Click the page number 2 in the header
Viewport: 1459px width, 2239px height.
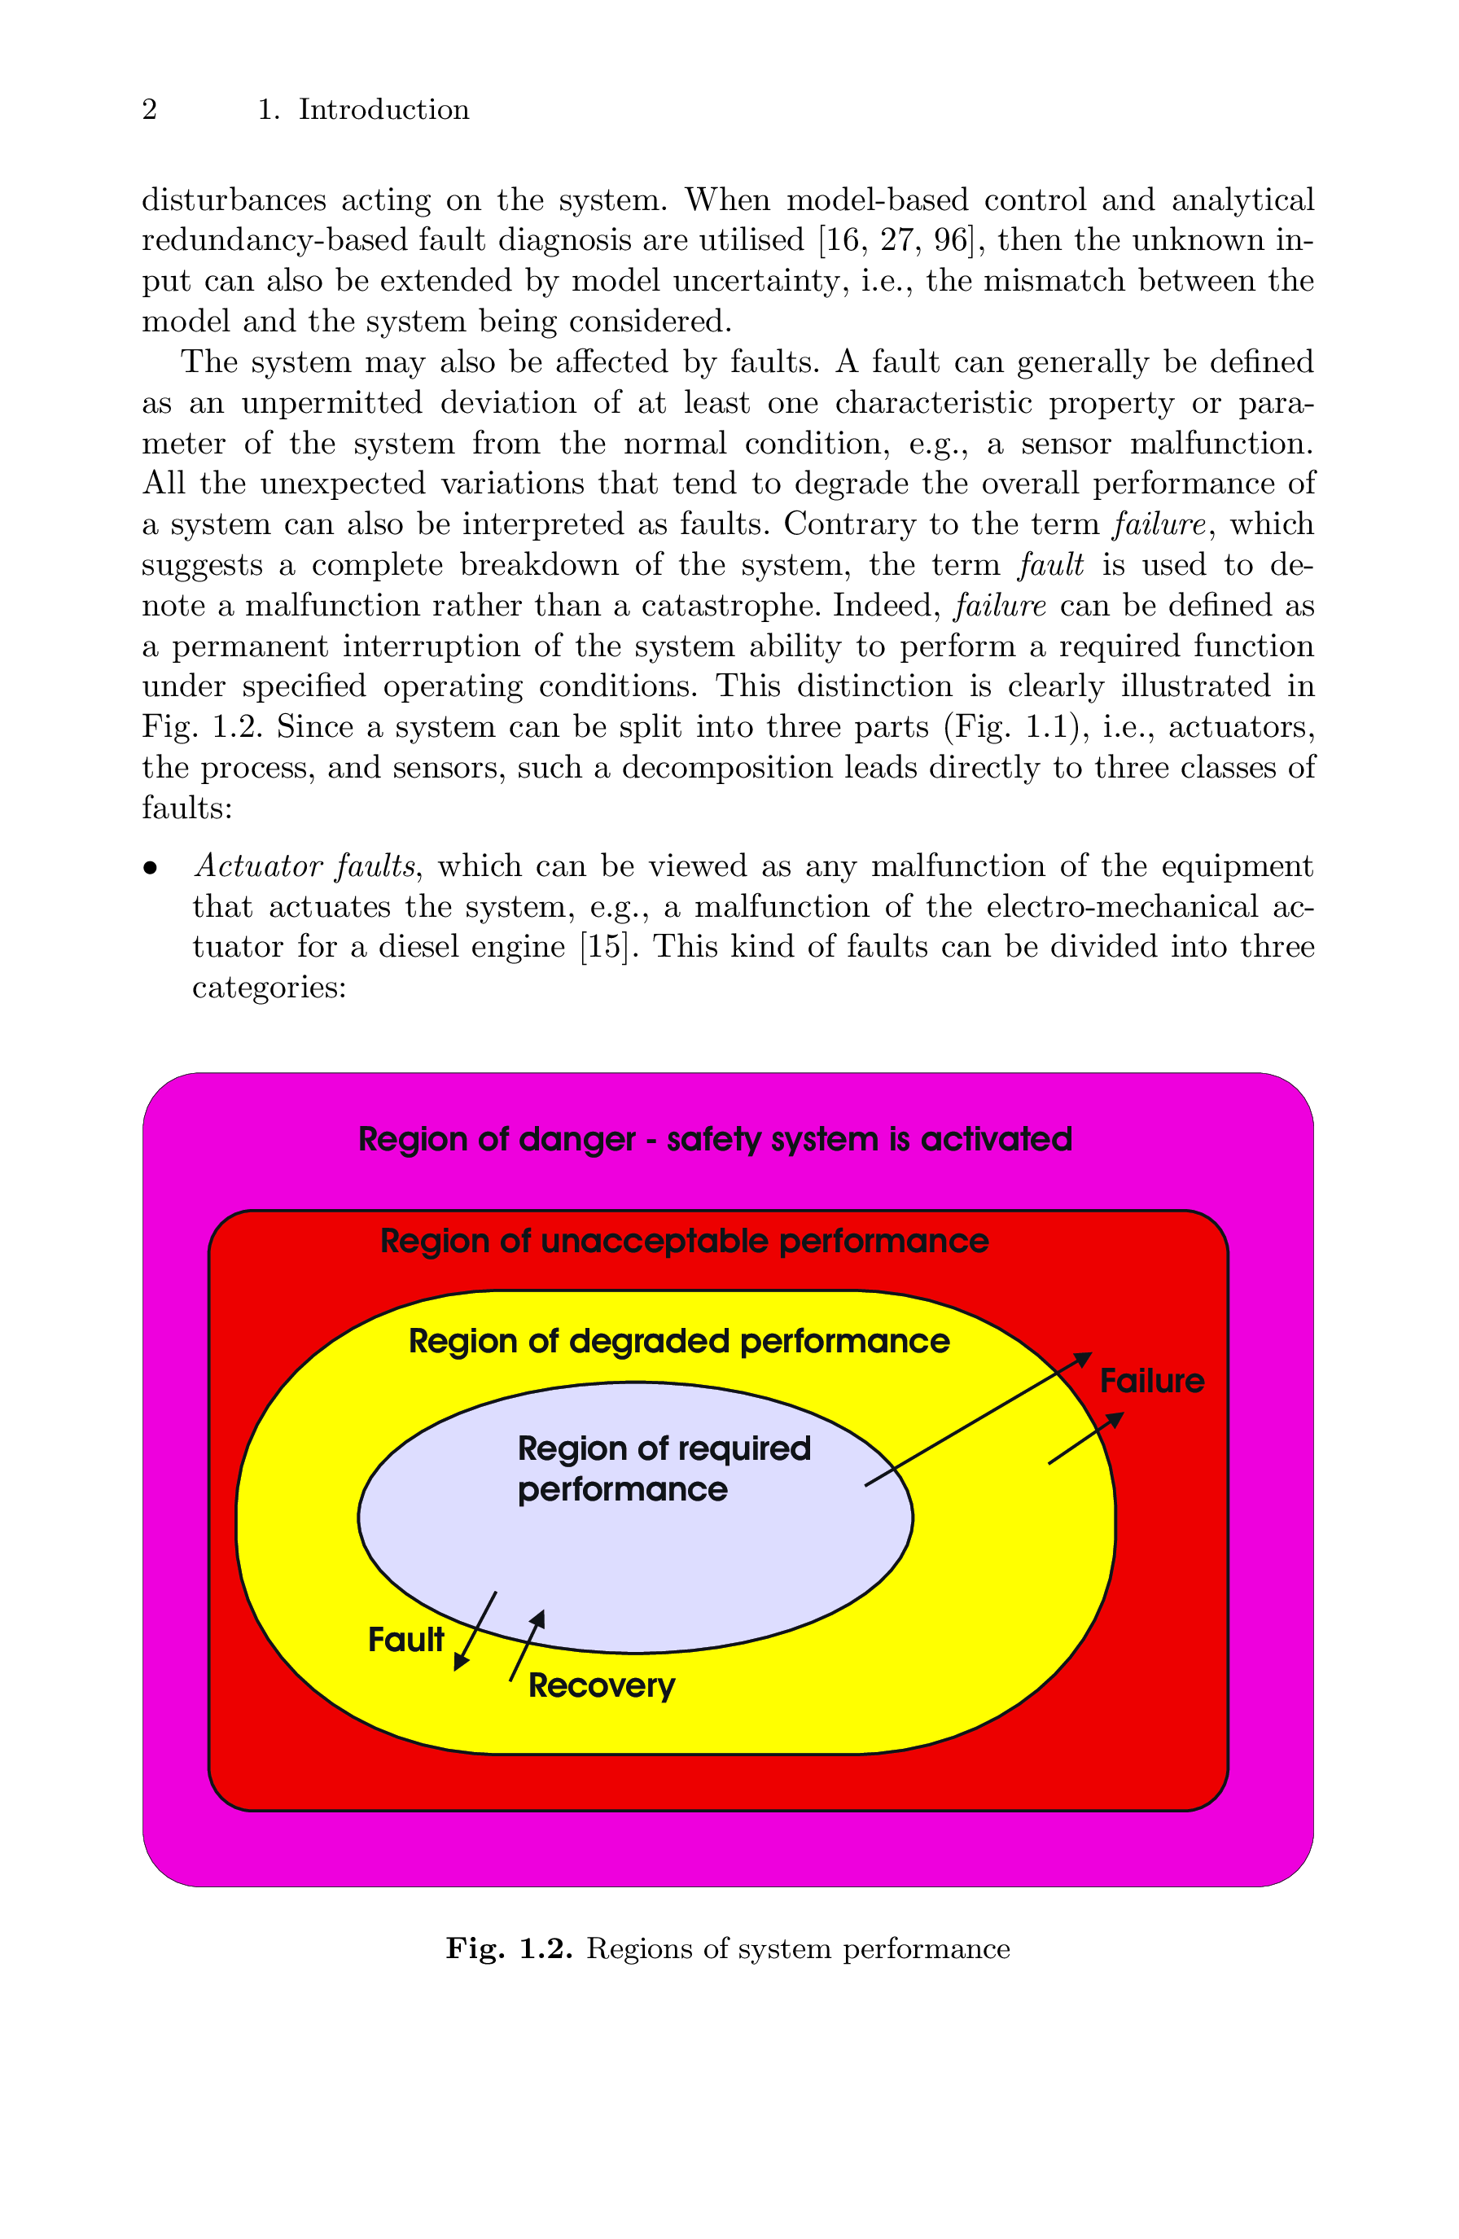point(150,110)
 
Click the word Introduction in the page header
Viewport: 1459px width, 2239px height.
point(383,110)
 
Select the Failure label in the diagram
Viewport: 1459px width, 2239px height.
point(1151,1381)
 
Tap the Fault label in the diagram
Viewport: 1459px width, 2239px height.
point(405,1640)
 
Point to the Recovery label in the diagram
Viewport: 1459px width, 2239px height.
point(601,1685)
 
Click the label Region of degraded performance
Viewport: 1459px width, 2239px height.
point(678,1341)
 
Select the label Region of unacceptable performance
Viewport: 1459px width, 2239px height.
point(684,1241)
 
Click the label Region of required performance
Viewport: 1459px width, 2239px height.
point(664,1469)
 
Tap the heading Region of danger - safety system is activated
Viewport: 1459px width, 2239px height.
point(715,1139)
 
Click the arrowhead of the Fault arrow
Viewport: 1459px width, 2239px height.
point(460,1663)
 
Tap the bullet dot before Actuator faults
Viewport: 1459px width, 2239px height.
point(150,868)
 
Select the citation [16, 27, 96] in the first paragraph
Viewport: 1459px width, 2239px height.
point(894,241)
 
